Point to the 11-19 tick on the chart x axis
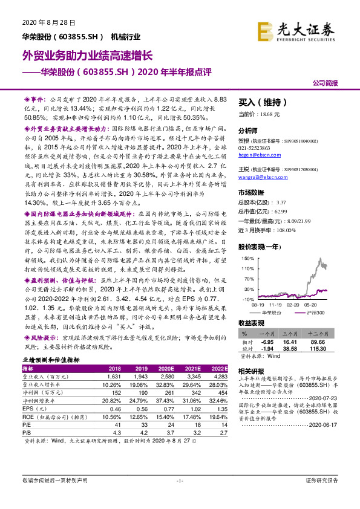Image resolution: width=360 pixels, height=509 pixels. point(277,305)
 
